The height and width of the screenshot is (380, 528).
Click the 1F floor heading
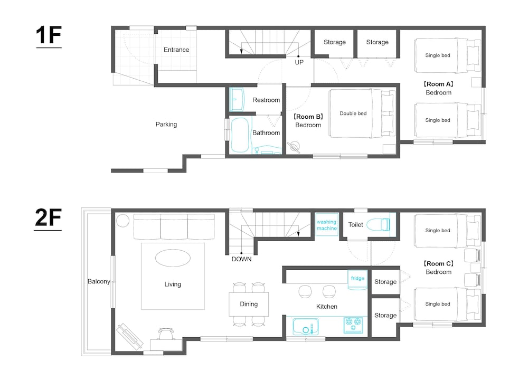click(x=49, y=35)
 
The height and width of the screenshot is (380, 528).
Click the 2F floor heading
click(x=48, y=218)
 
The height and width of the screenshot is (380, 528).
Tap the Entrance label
click(x=176, y=50)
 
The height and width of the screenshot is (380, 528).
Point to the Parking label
click(x=166, y=124)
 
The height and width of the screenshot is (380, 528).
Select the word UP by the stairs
click(x=299, y=62)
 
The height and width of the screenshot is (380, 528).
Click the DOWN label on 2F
click(x=241, y=259)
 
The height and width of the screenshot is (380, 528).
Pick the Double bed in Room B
click(x=362, y=113)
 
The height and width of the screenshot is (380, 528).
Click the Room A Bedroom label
click(x=438, y=88)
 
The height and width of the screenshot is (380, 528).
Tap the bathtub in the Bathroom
click(x=240, y=135)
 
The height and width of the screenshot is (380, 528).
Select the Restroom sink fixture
click(x=237, y=99)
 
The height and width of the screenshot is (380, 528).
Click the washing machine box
click(x=327, y=225)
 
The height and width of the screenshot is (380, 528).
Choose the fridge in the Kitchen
click(x=357, y=280)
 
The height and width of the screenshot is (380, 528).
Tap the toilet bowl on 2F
click(x=378, y=224)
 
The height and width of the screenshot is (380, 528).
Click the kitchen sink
click(x=306, y=327)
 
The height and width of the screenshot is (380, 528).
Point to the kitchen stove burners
click(x=353, y=325)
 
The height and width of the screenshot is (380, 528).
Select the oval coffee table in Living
click(x=173, y=258)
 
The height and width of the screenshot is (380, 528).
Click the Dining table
click(x=249, y=305)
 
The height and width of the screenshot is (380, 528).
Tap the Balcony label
click(x=99, y=281)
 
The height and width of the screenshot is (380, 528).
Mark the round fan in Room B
click(x=294, y=147)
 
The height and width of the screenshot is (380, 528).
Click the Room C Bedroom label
click(x=438, y=268)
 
